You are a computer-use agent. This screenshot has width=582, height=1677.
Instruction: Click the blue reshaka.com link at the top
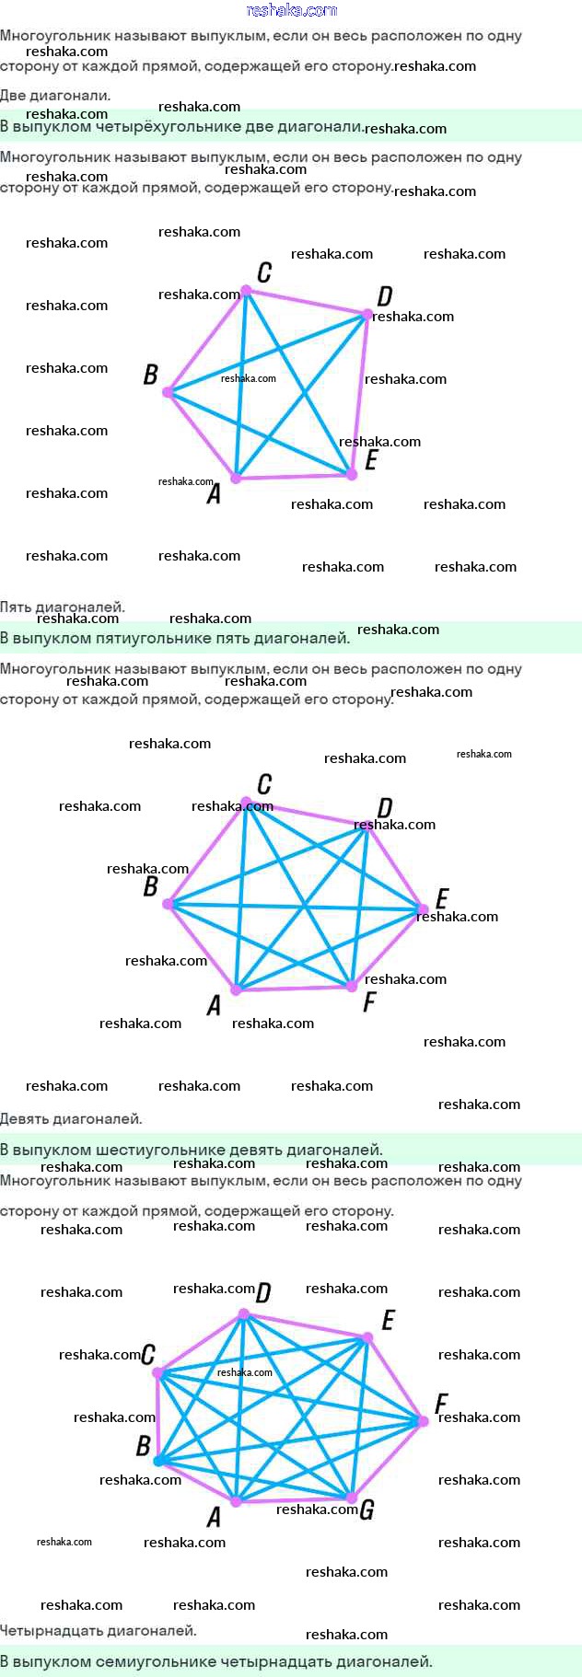(x=291, y=10)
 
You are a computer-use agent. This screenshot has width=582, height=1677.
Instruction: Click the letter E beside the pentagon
(x=371, y=459)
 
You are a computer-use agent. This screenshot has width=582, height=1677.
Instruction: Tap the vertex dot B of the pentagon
(x=169, y=392)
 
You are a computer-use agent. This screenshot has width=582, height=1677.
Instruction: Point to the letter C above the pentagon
(x=264, y=272)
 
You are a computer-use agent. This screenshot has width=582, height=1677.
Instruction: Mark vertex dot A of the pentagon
(x=236, y=478)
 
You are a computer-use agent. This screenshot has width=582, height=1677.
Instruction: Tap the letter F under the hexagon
(x=369, y=1001)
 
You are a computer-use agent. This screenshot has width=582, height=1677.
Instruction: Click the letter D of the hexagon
(x=385, y=808)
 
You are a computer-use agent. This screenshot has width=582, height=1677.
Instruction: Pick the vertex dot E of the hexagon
(x=423, y=908)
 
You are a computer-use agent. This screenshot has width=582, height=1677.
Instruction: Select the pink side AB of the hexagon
(x=202, y=947)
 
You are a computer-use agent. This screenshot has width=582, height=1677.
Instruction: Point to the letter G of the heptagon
(x=367, y=1509)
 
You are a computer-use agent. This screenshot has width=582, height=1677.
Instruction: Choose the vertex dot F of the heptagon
(x=423, y=1421)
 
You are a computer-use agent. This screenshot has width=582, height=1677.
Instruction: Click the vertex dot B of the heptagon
(x=158, y=1461)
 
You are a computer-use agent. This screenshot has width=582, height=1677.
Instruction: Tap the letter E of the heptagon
(x=388, y=1321)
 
